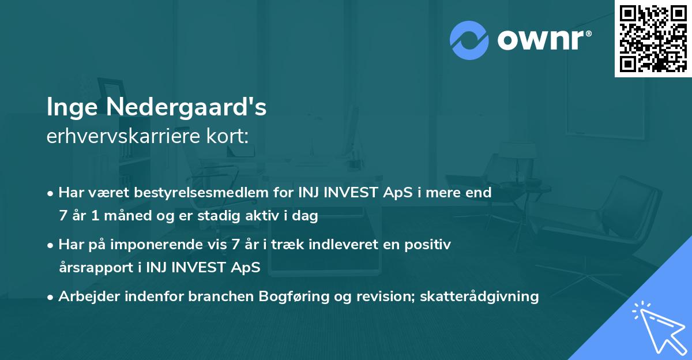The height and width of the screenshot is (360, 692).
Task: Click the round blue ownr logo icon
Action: (x=469, y=40)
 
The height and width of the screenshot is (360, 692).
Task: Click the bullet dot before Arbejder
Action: (x=51, y=297)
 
